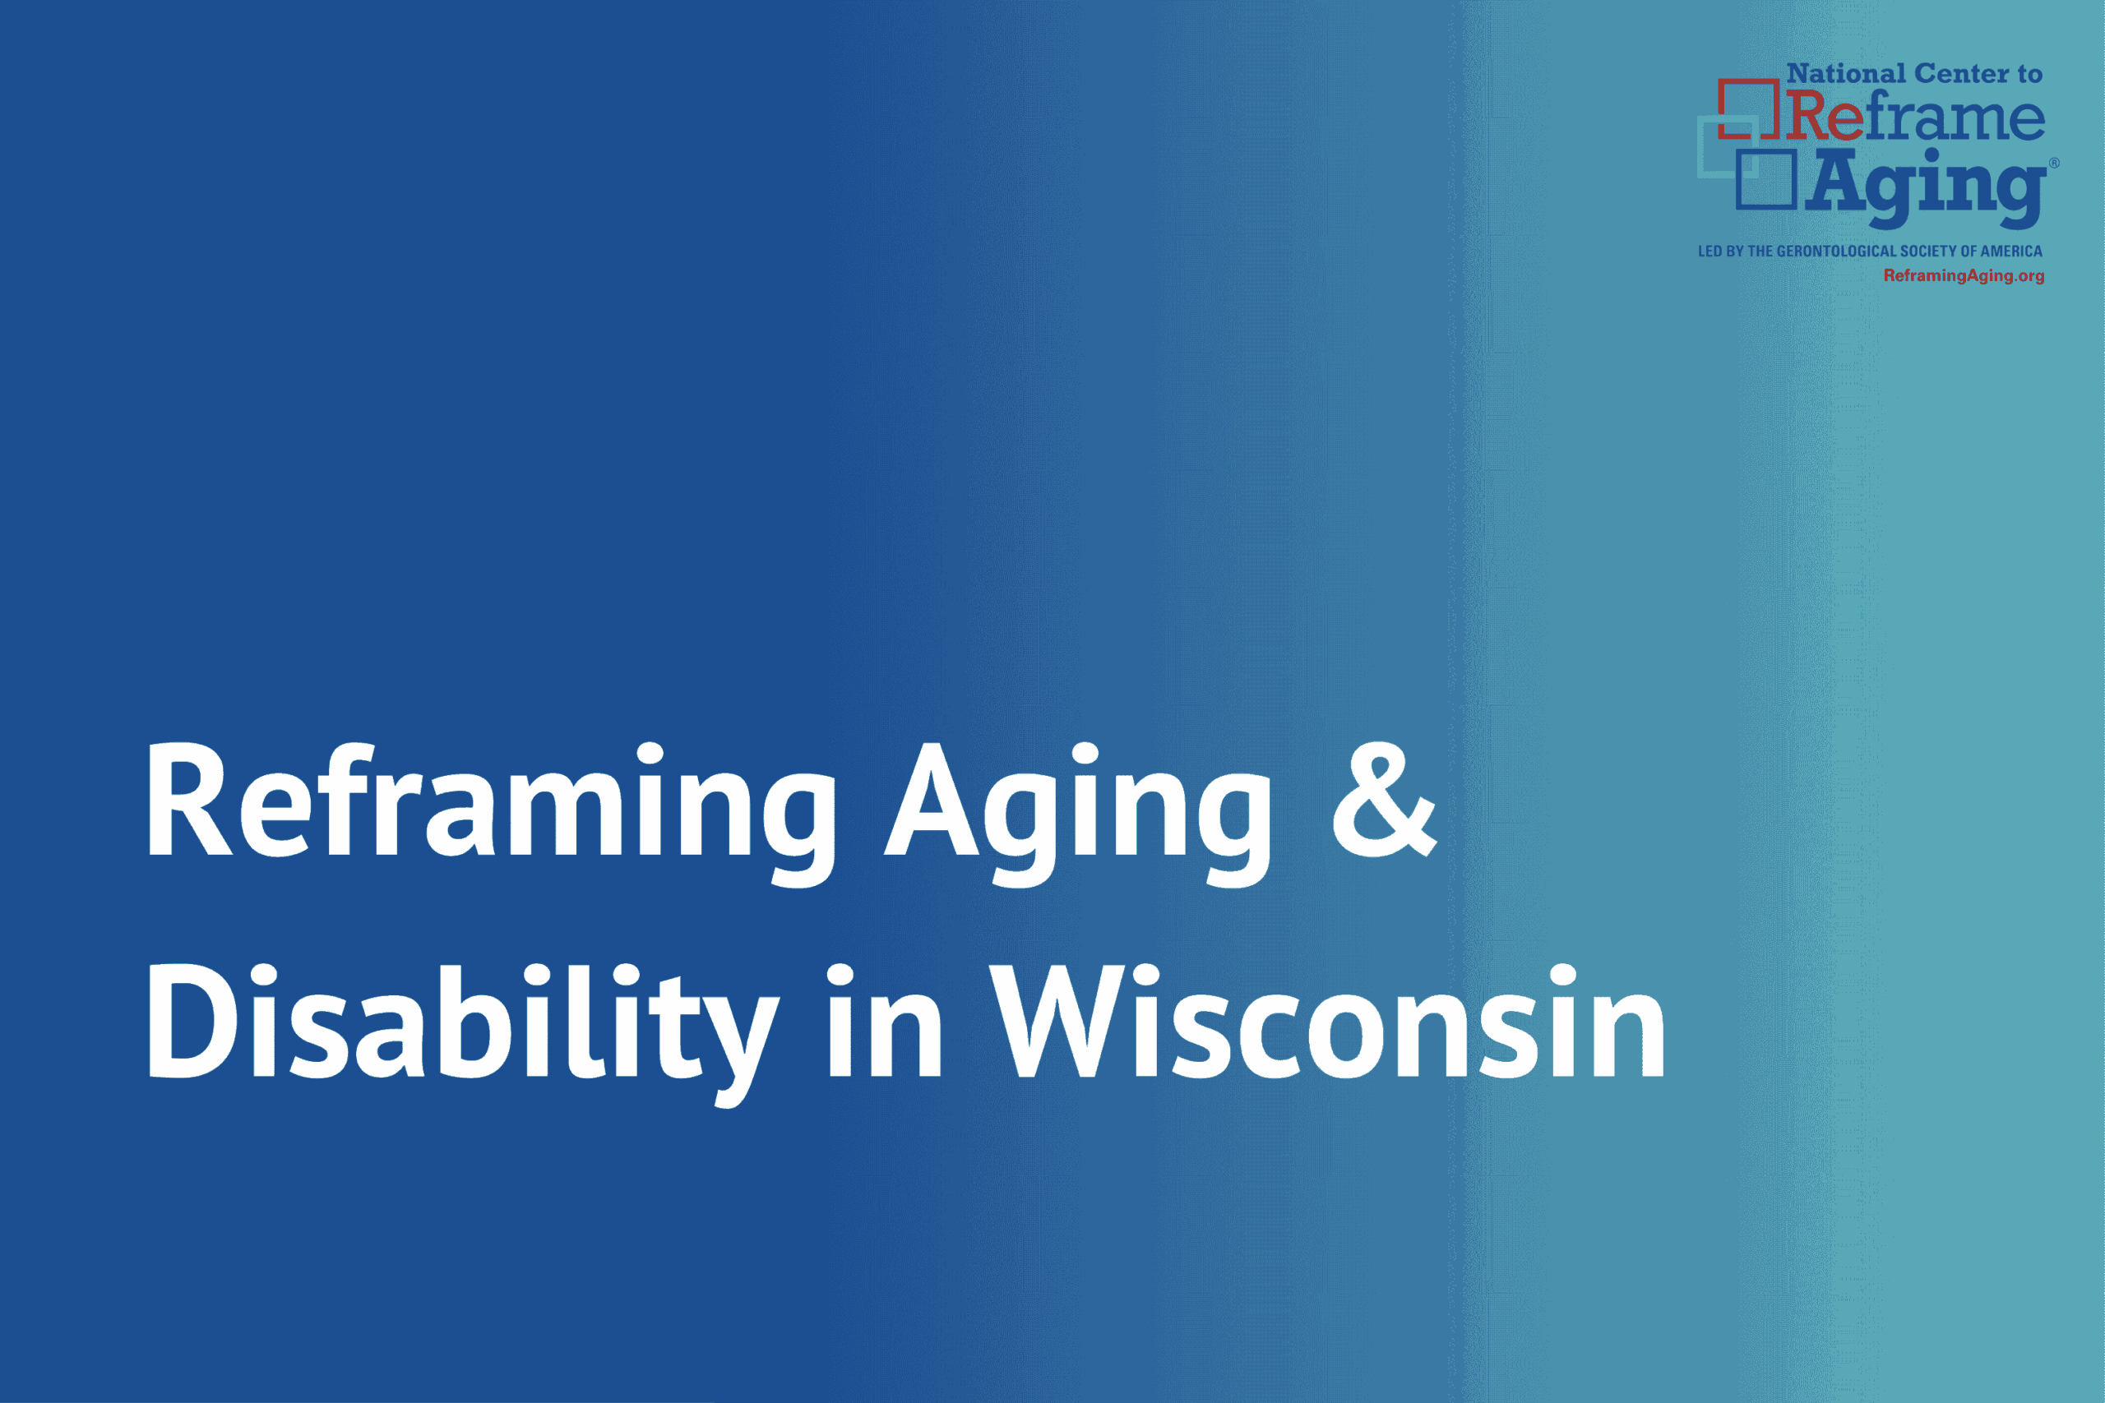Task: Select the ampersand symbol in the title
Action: (1384, 799)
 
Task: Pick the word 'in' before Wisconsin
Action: (884, 1020)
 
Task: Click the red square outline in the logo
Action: (1747, 109)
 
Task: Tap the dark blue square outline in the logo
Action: (1765, 179)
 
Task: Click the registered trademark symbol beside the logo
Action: (2054, 163)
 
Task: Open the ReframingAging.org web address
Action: (1964, 275)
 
